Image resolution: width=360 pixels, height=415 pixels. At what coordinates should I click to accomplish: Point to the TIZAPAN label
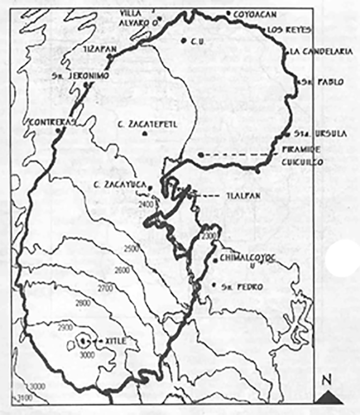point(100,49)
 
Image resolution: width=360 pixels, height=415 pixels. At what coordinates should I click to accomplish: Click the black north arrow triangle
point(329,397)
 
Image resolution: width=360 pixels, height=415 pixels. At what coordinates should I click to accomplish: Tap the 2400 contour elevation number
point(146,204)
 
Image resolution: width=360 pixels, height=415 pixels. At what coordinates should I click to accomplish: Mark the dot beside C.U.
point(184,41)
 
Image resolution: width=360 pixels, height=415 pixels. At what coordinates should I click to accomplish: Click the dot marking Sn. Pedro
point(214,285)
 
